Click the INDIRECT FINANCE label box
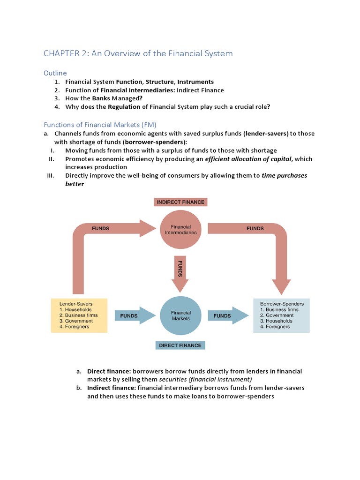180,202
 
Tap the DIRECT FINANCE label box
180,345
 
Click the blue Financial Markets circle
180,315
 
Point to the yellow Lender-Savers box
79,315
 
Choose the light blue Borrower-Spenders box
281,315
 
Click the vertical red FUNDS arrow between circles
180,273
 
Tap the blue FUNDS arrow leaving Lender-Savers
133,316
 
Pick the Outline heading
55,73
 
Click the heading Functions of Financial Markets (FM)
100,125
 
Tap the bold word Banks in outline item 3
101,98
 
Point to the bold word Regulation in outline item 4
125,107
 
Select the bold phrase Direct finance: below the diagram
108,371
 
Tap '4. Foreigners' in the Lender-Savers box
75,327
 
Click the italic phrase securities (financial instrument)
205,379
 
